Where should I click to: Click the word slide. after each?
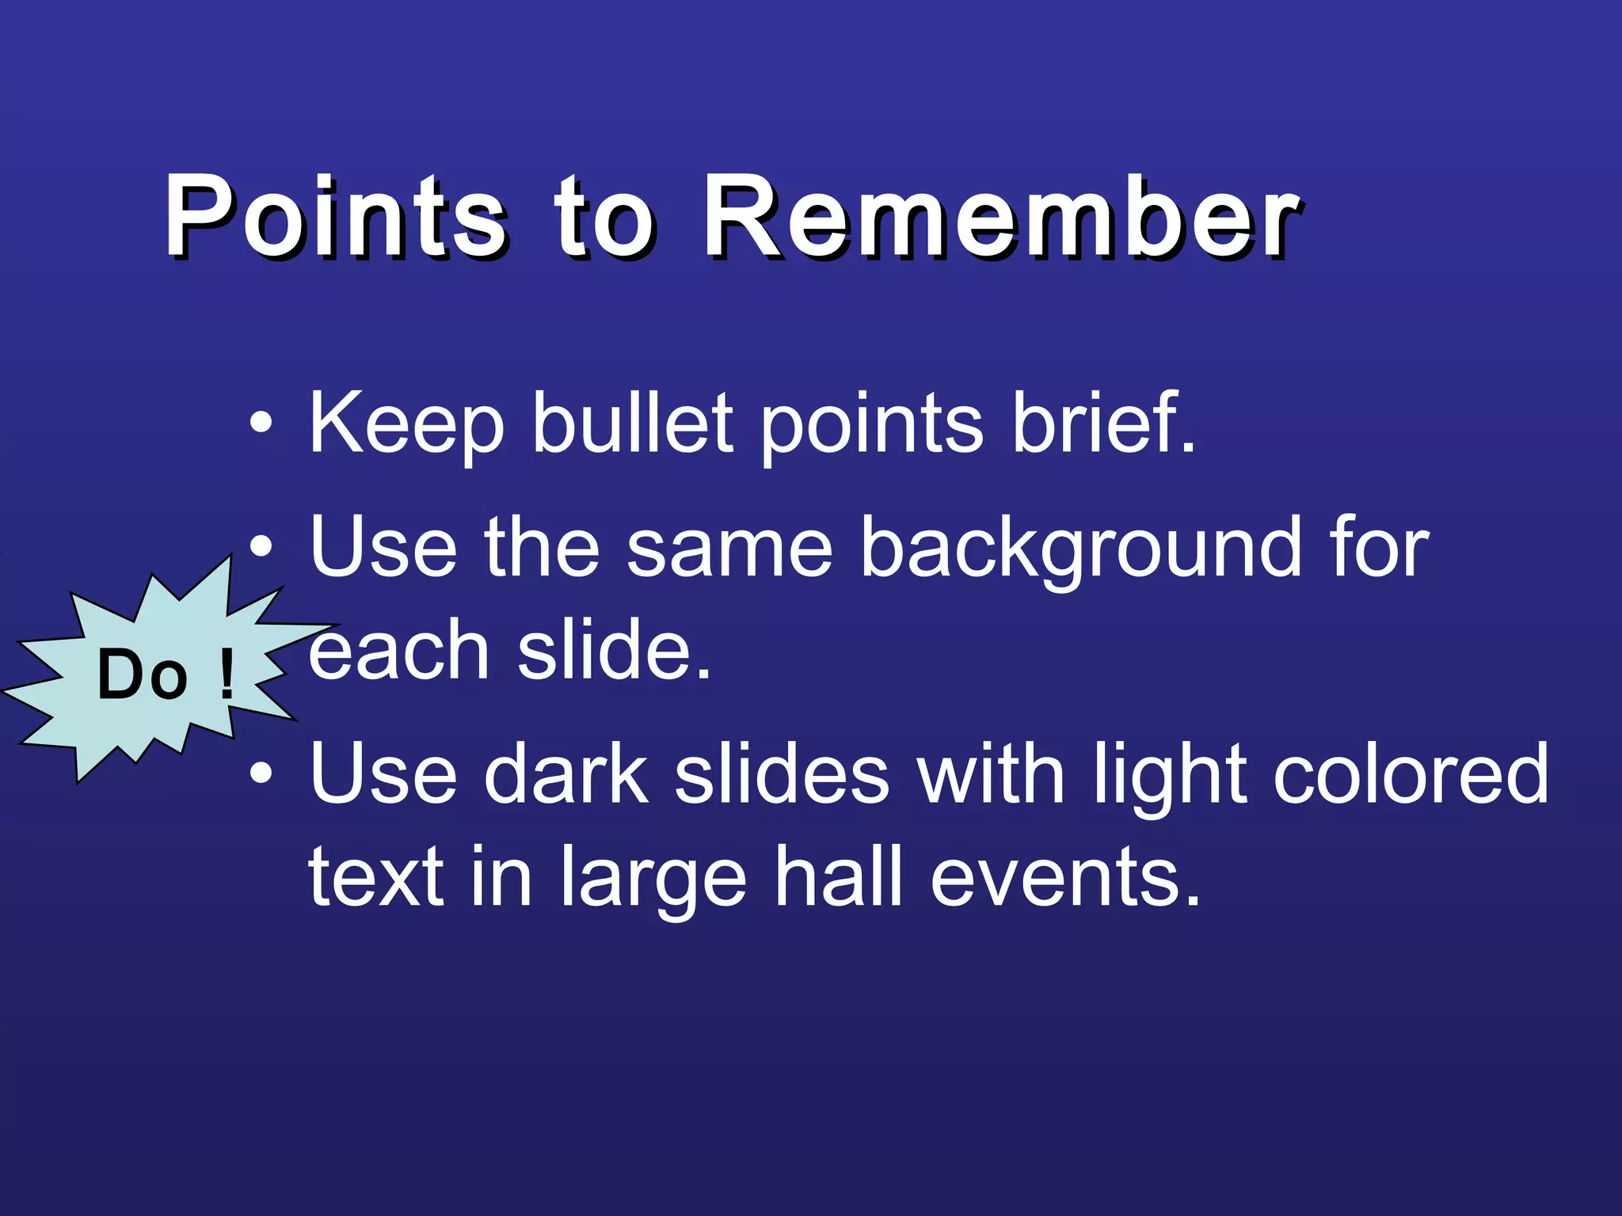(x=615, y=651)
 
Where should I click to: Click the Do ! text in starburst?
(x=166, y=674)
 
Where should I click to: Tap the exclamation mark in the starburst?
(x=227, y=674)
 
